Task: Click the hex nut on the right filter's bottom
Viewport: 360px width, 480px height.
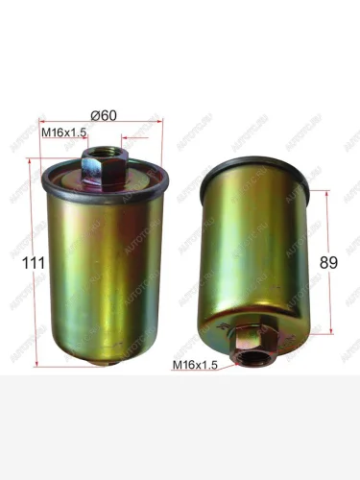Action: [x=252, y=341]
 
